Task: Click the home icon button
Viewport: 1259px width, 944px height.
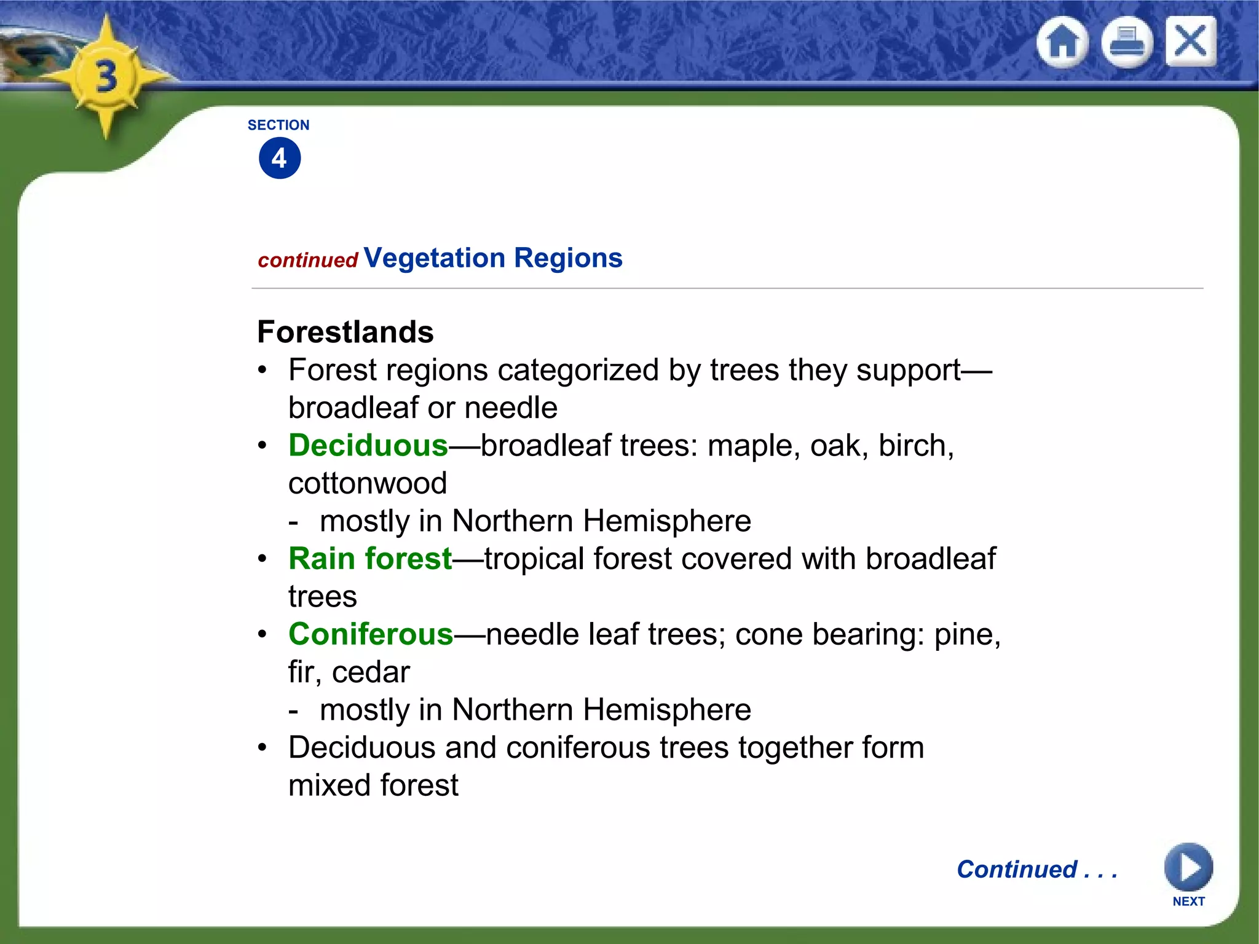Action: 1062,42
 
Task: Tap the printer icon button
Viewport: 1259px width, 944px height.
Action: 1127,42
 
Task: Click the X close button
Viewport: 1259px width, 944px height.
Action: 1190,41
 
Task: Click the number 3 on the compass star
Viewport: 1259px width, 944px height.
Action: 106,77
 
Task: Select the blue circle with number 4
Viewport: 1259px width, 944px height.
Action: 280,159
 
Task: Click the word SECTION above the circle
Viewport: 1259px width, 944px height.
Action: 278,125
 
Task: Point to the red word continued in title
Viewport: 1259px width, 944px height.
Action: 307,261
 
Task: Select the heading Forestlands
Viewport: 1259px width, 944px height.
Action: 345,332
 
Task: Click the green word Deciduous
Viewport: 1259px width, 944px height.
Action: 368,446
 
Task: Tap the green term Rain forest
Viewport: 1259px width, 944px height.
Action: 370,559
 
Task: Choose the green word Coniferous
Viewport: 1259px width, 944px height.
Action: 371,634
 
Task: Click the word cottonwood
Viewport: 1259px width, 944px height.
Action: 367,484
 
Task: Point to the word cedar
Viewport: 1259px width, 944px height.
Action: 371,672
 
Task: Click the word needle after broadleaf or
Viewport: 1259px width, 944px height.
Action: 511,408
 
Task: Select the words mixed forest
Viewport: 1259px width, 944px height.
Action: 373,785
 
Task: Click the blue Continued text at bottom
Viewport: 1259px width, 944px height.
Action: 1036,870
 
